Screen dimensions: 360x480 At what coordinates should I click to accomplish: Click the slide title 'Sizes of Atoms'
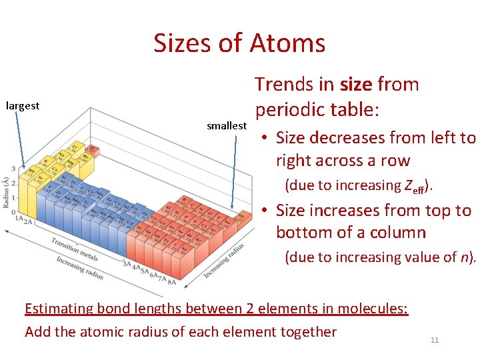point(239,43)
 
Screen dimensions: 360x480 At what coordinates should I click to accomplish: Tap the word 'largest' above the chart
point(23,105)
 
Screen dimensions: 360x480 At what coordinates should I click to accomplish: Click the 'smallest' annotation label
point(227,125)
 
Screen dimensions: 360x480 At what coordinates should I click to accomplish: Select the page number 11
point(435,340)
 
